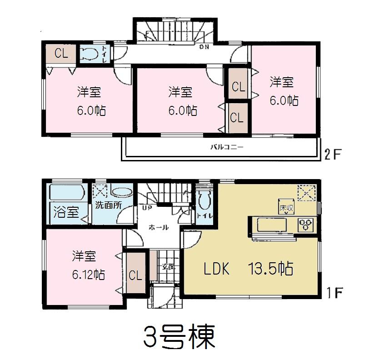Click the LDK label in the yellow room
(216, 270)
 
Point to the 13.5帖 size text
(270, 269)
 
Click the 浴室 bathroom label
(66, 212)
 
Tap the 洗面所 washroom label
(108, 205)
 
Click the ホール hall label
(159, 227)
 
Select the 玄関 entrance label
(168, 267)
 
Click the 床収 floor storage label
(284, 208)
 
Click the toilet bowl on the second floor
(90, 54)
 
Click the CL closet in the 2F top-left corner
(61, 54)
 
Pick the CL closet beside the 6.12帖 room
(135, 275)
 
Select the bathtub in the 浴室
(66, 192)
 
